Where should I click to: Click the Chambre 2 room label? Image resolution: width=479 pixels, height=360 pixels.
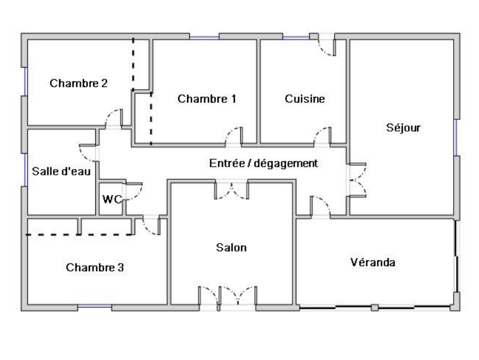[x=78, y=83]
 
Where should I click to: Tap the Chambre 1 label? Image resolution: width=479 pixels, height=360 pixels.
[x=207, y=99]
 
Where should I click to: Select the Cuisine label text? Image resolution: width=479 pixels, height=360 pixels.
[x=305, y=99]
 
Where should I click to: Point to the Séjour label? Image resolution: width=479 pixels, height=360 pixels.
[x=403, y=128]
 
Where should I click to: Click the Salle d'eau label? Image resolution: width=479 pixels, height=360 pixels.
[x=61, y=171]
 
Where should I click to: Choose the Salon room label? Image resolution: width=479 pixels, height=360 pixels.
[x=231, y=248]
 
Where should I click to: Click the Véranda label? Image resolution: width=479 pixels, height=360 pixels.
[x=373, y=262]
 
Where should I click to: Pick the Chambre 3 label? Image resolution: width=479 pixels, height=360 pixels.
[x=95, y=267]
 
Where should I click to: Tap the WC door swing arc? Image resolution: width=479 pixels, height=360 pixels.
[x=137, y=194]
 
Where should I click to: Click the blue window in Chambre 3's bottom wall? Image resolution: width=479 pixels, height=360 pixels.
[x=95, y=307]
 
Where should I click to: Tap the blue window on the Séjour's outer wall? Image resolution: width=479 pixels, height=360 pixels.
[x=455, y=137]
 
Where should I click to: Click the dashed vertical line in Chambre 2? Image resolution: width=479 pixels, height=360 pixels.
[x=133, y=64]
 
